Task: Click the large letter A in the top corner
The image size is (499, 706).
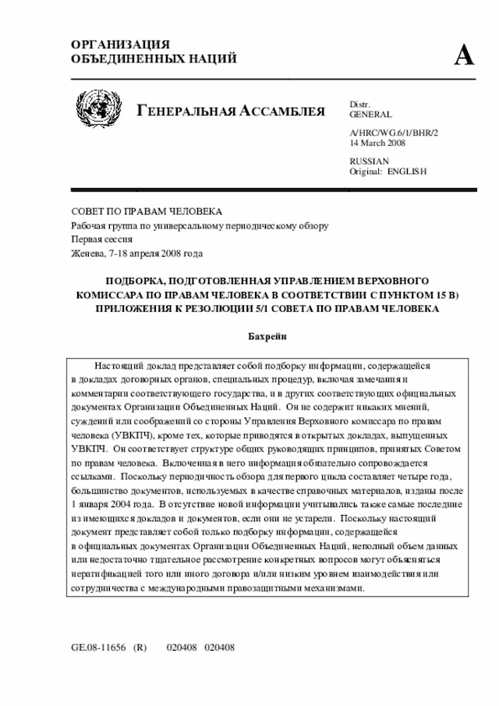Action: coord(465,54)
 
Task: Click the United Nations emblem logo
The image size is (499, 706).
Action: coord(99,109)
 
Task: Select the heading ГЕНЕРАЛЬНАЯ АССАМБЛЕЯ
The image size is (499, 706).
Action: coord(231,111)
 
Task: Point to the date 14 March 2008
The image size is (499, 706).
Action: coord(377,144)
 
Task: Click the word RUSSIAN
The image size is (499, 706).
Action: coord(369,161)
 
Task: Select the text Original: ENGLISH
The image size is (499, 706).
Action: coord(388,172)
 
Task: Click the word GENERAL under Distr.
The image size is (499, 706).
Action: coord(371,114)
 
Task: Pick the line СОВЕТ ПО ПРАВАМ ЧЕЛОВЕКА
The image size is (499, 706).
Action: coord(147,212)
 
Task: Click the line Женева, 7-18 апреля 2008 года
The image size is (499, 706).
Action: coord(137,253)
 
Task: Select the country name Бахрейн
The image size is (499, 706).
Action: coord(267,336)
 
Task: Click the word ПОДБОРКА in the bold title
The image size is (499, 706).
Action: coord(136,280)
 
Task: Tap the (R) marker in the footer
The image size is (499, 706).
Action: coord(141,647)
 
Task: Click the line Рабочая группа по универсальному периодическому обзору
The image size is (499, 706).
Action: coord(200,225)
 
